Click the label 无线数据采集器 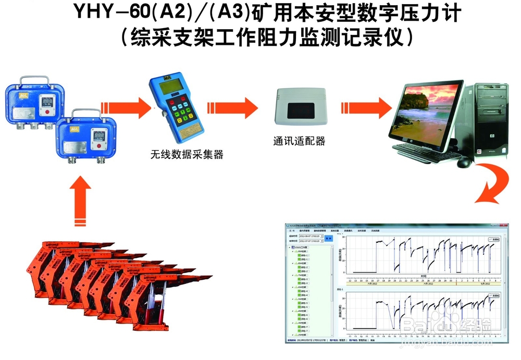[187, 154]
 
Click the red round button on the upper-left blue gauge [48, 111]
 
